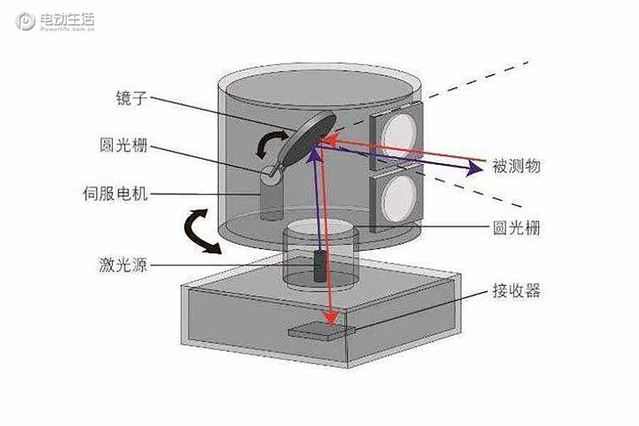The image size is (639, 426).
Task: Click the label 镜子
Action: tap(131, 98)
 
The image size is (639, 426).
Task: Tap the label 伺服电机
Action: tap(115, 193)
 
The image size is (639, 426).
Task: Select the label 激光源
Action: tap(123, 265)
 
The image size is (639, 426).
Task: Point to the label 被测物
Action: tap(516, 166)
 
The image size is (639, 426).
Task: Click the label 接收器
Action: tap(516, 291)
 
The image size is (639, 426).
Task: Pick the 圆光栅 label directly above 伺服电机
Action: tap(123, 145)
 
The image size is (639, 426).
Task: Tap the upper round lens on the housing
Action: tap(400, 135)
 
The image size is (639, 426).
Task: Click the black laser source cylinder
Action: tap(320, 266)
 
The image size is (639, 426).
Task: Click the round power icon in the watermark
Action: tap(26, 21)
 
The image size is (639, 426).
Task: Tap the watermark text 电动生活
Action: tap(67, 18)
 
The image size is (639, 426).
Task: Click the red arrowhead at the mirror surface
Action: tap(331, 141)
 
